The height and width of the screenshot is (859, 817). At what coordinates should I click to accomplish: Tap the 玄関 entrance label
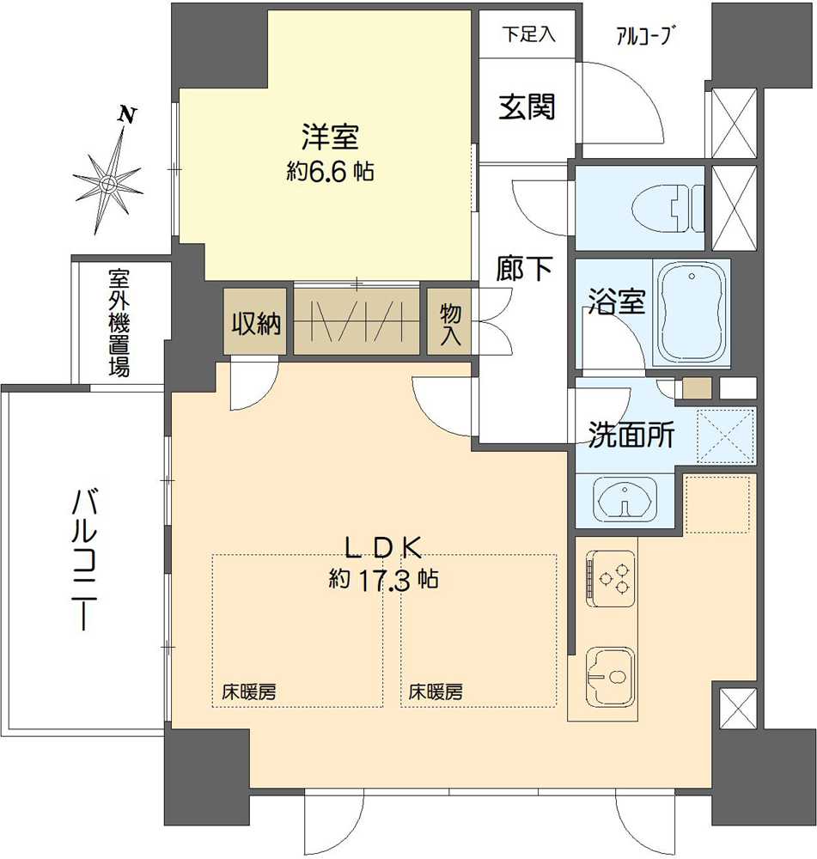click(x=526, y=107)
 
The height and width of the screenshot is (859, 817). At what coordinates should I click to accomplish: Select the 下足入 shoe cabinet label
click(x=528, y=35)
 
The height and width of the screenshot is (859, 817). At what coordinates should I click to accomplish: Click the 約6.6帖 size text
click(x=330, y=172)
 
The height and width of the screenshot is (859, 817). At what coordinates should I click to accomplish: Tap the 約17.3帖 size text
click(x=383, y=580)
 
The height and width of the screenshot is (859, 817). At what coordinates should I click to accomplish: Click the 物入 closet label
click(x=449, y=323)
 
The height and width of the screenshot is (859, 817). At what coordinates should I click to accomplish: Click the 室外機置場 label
click(x=119, y=324)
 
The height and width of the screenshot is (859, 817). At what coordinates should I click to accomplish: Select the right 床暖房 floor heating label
click(x=436, y=691)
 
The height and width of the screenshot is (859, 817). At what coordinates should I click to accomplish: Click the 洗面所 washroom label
click(x=631, y=436)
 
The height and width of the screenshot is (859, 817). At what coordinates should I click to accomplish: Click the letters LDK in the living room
click(x=382, y=546)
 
